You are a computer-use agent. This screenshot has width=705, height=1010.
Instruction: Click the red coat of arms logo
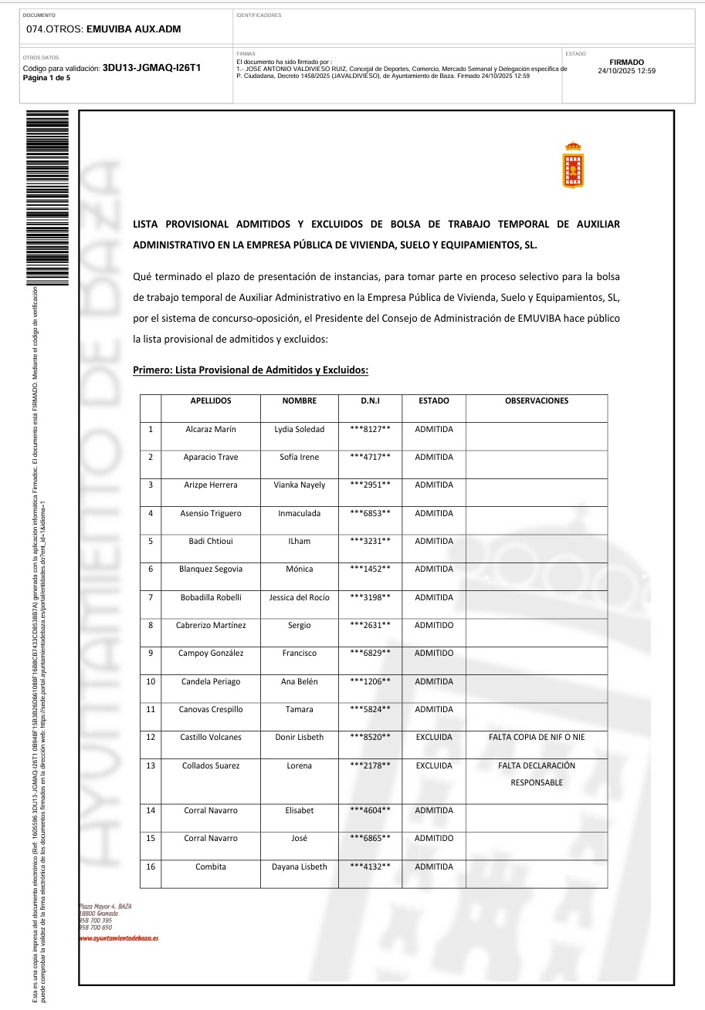[573, 166]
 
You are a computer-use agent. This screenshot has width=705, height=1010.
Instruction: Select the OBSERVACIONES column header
[536, 401]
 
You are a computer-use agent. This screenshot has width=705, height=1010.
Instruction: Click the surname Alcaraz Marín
[211, 429]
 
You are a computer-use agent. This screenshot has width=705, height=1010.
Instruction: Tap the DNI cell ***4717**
[370, 458]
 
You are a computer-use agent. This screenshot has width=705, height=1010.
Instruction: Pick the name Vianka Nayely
[299, 485]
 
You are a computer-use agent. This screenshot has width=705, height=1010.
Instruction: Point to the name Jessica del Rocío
[299, 597]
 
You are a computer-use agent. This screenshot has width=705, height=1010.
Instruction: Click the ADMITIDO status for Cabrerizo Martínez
[434, 626]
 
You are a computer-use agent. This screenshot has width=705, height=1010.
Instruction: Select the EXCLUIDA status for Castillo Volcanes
[434, 738]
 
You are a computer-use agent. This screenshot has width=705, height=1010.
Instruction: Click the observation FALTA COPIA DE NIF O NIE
[537, 738]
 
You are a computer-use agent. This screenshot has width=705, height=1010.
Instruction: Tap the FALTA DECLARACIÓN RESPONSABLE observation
[537, 774]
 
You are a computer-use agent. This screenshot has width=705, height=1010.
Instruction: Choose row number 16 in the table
[151, 867]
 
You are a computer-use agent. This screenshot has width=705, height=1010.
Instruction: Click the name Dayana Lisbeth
[299, 867]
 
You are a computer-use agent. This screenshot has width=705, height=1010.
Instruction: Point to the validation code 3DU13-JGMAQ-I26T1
[151, 68]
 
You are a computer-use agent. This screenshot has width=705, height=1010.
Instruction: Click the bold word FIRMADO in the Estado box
[626, 62]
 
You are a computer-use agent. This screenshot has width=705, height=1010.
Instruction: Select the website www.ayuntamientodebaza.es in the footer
[119, 938]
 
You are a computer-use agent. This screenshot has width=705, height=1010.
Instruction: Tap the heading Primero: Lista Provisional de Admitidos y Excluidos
[251, 370]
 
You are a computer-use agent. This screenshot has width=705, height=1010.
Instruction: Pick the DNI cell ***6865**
[370, 839]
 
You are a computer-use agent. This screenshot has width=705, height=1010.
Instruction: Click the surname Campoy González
[211, 654]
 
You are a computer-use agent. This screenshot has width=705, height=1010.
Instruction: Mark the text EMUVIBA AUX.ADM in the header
[134, 29]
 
